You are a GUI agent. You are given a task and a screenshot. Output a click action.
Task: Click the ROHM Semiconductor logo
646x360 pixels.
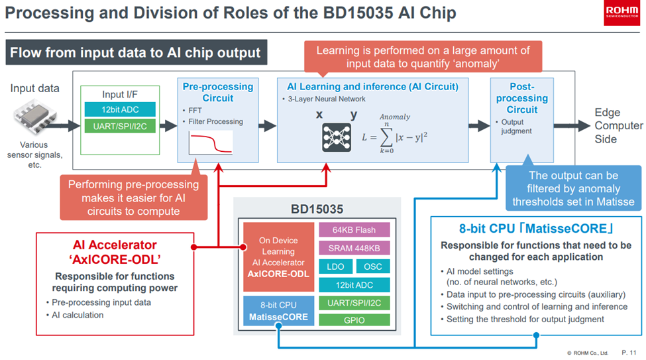[x=621, y=15]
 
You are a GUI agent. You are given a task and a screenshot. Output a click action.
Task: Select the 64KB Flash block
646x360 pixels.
[x=354, y=230]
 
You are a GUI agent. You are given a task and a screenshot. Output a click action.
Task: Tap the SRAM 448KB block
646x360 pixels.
[x=354, y=248]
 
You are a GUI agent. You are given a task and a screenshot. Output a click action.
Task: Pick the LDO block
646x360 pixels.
[x=335, y=267]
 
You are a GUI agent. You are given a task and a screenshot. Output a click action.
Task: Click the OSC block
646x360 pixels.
[x=373, y=267]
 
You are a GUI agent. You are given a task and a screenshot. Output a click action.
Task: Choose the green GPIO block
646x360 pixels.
[x=354, y=320]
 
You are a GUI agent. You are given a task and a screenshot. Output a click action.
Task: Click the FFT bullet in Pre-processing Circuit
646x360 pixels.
[x=193, y=111]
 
